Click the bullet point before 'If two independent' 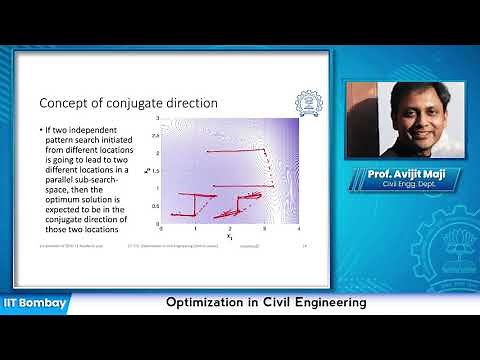(x=42, y=130)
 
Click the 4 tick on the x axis (x=300, y=229)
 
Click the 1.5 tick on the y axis (x=155, y=171)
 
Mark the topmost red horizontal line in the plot (x=234, y=150)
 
